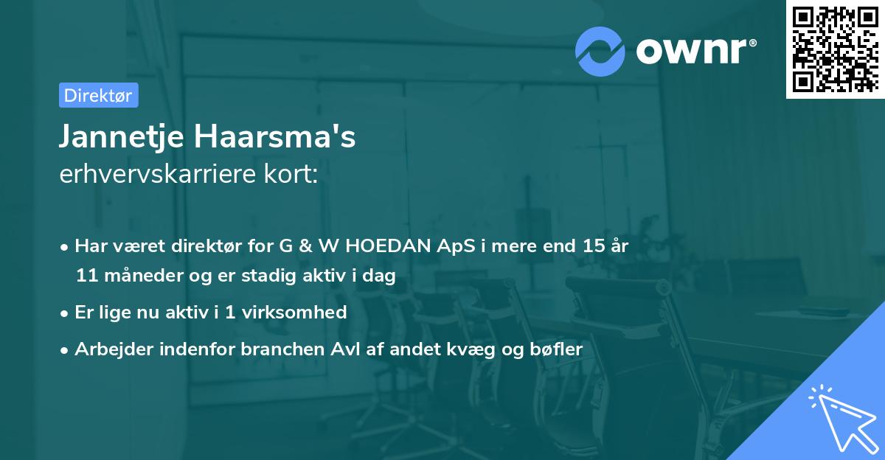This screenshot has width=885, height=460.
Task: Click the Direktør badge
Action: click(x=98, y=95)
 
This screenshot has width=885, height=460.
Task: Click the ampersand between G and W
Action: click(x=302, y=246)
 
